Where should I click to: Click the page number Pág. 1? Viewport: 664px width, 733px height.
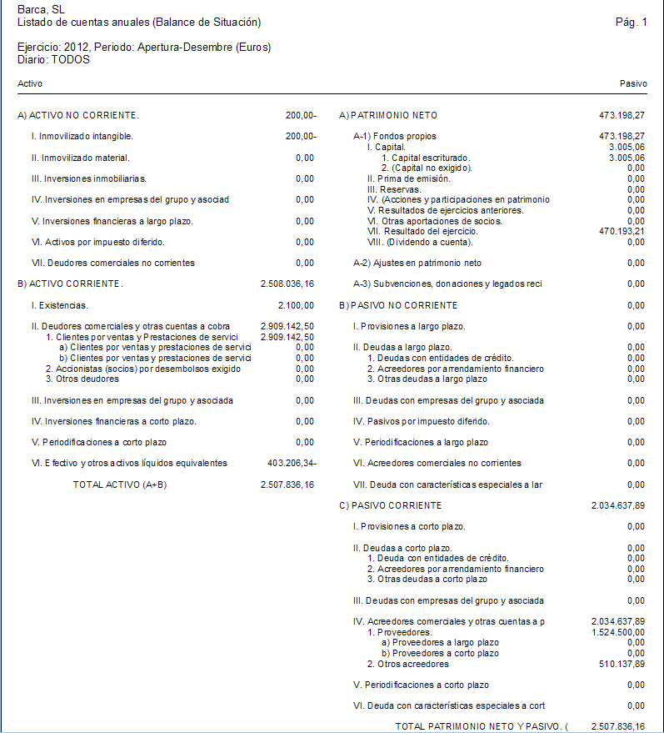pyautogui.click(x=630, y=22)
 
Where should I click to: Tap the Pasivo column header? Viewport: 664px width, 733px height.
pyautogui.click(x=633, y=84)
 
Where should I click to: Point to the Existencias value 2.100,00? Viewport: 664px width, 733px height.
pyautogui.click(x=297, y=305)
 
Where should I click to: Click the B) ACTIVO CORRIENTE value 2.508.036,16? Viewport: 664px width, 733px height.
pyautogui.click(x=287, y=284)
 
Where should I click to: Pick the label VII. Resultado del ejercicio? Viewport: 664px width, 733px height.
pyautogui.click(x=422, y=231)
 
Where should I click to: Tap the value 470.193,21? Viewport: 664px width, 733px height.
pyautogui.click(x=622, y=231)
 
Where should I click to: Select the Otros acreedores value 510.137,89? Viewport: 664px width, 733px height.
pyautogui.click(x=622, y=664)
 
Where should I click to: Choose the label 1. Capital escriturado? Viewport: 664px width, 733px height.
pyautogui.click(x=426, y=158)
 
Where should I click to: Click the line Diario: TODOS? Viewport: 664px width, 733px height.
pyautogui.click(x=53, y=60)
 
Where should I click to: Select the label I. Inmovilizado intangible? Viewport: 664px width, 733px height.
pyautogui.click(x=82, y=136)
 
